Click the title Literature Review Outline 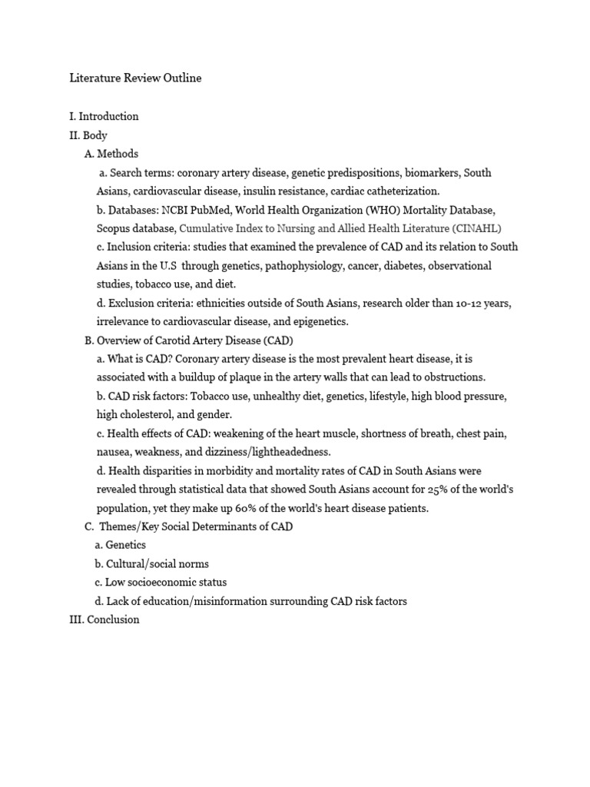(x=135, y=78)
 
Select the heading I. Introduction (x=104, y=117)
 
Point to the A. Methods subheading (x=111, y=154)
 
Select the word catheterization (x=400, y=191)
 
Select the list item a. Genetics (x=120, y=545)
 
